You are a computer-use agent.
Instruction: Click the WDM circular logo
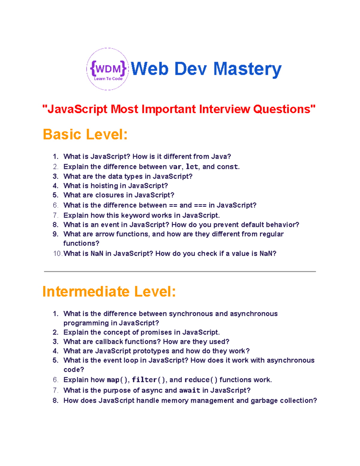(x=108, y=69)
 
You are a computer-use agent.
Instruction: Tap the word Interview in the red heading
(x=224, y=109)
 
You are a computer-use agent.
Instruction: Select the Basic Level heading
(x=85, y=134)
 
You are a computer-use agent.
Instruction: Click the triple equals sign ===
(x=200, y=206)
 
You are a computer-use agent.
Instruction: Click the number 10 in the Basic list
(x=57, y=254)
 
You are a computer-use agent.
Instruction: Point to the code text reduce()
(x=201, y=380)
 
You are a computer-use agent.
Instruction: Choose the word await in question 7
(x=190, y=390)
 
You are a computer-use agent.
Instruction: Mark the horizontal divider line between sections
(x=180, y=272)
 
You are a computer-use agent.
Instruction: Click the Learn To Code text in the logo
(x=108, y=79)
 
